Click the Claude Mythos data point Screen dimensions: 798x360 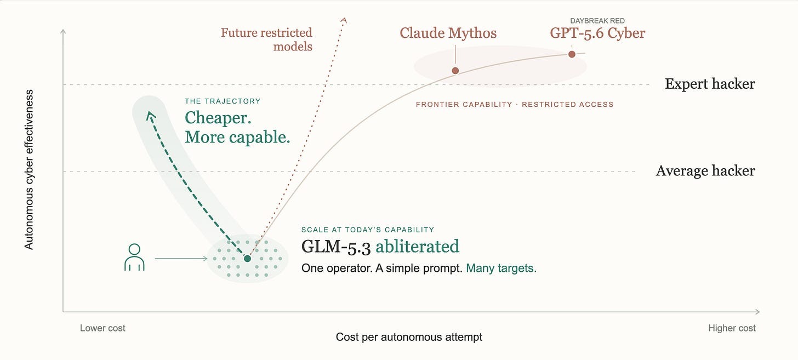[455, 71]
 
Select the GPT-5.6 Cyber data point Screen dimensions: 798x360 [572, 54]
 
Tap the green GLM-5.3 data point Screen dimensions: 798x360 [247, 258]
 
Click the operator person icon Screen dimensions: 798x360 [134, 257]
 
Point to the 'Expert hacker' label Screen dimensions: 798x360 [710, 84]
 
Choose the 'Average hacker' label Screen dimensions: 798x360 [705, 171]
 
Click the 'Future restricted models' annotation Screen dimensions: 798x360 [266, 39]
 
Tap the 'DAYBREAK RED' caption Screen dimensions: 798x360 [597, 21]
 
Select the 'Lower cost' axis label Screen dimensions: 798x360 [102, 328]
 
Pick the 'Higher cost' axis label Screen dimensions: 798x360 [732, 328]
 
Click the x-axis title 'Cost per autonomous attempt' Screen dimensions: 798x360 [409, 337]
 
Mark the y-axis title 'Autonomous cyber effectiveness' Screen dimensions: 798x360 [29, 169]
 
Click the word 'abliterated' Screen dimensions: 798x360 [418, 247]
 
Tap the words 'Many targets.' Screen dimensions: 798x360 [501, 268]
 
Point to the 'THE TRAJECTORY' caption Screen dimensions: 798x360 [223, 101]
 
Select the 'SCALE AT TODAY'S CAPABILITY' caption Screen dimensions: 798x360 [368, 230]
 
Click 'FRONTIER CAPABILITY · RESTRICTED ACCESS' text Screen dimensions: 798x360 [515, 104]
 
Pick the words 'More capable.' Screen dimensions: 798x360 [238, 137]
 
